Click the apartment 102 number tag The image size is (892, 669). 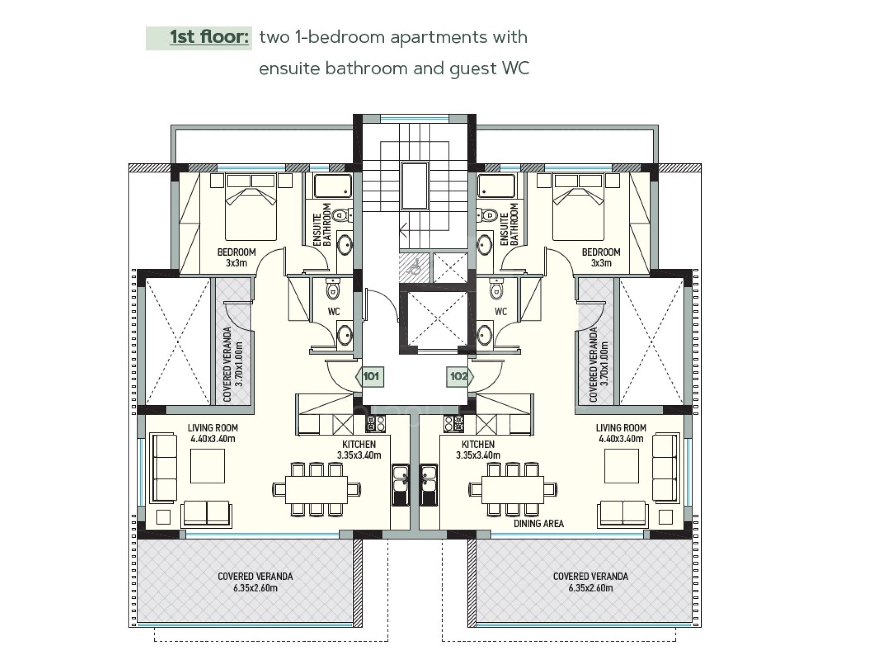point(460,377)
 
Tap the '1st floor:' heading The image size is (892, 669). point(209,37)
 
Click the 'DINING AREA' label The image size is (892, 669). point(538,524)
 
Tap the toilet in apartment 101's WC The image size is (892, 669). point(334,289)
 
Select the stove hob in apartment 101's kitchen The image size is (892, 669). point(375,424)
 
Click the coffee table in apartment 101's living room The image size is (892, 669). point(207,466)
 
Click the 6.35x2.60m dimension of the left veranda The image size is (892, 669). point(255,588)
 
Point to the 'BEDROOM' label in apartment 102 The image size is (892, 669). point(601,252)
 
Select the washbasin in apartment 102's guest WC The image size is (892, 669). point(484,335)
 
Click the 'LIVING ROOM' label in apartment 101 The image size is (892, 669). point(213,428)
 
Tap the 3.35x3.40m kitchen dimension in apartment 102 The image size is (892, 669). point(478,456)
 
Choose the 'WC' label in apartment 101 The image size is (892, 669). point(334,312)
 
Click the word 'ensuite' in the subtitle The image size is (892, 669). point(290,69)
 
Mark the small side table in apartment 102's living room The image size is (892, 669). point(666,517)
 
